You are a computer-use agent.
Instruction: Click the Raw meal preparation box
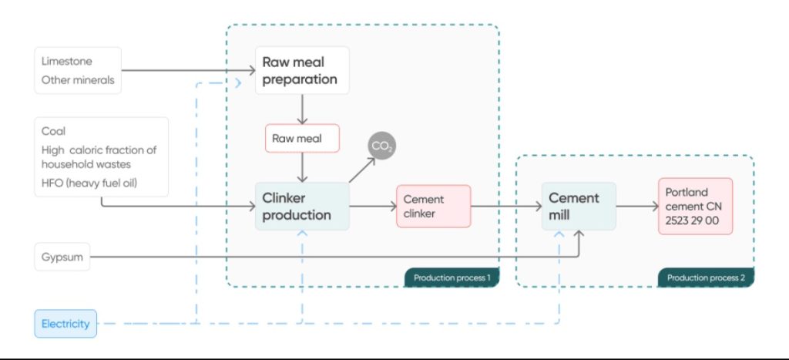302,70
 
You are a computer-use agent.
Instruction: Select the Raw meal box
301,140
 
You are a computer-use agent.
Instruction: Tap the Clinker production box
302,207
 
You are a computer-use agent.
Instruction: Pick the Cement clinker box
433,206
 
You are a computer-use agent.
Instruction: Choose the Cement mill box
579,206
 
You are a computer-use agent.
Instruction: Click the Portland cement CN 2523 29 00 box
695,206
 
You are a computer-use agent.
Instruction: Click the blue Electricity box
65,324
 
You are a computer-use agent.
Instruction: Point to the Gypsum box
62,257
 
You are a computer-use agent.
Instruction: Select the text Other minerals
78,79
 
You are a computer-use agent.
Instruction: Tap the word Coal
53,132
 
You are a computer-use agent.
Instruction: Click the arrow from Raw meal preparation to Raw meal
302,109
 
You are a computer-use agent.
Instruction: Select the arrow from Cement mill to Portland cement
636,206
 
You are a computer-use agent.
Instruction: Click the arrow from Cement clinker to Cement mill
505,206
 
